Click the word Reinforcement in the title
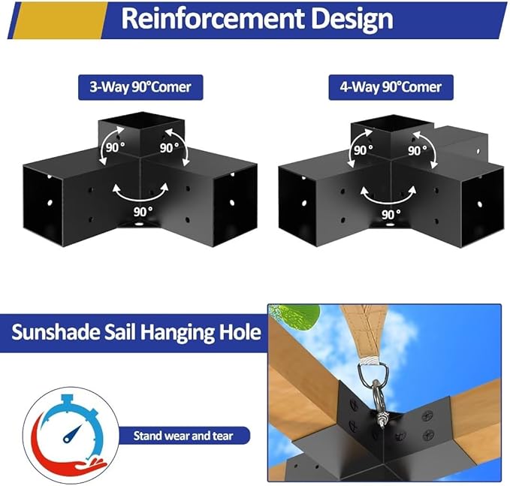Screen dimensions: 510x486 pyautogui.click(x=213, y=19)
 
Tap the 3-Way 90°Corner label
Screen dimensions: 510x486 pyautogui.click(x=140, y=87)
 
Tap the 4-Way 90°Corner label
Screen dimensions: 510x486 pyautogui.click(x=391, y=87)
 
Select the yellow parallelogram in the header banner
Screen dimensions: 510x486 pyautogui.click(x=59, y=20)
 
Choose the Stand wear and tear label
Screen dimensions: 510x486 pyautogui.click(x=183, y=436)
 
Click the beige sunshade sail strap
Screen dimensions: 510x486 pyautogui.click(x=367, y=332)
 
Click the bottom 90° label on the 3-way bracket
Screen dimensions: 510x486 pyautogui.click(x=143, y=212)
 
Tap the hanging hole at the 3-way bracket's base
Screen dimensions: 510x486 pyautogui.click(x=139, y=224)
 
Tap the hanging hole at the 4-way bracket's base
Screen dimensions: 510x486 pyautogui.click(x=388, y=224)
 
